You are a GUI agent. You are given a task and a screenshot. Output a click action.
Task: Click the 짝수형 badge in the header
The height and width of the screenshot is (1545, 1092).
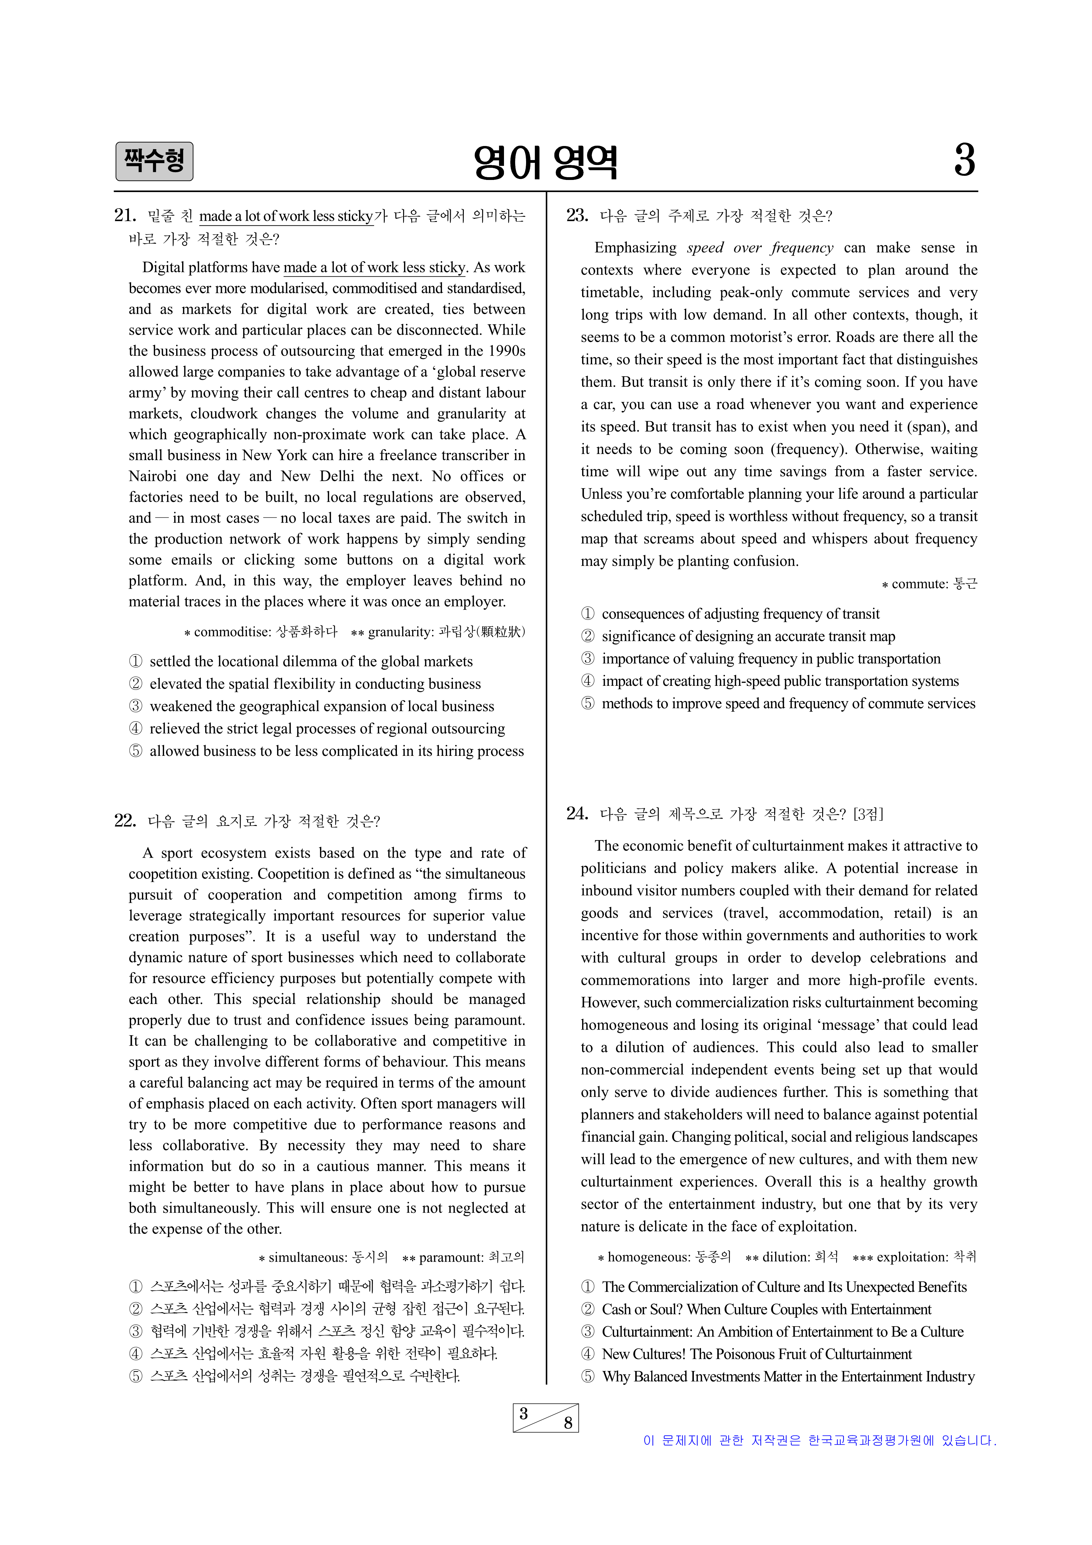coord(154,162)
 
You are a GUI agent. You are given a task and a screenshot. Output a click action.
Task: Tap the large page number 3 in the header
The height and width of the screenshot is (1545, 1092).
coord(964,161)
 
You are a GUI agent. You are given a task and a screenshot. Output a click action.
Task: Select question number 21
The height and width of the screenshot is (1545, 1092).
coord(125,215)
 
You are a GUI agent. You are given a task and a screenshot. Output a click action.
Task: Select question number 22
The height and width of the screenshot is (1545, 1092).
coord(125,820)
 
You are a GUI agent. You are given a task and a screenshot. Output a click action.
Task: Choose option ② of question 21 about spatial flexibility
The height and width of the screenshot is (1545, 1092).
coord(315,684)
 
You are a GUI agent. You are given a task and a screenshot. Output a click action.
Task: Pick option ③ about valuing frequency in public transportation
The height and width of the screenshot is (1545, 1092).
coord(770,659)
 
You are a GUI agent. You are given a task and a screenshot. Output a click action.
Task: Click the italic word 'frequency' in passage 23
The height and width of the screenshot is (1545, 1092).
coord(802,247)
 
